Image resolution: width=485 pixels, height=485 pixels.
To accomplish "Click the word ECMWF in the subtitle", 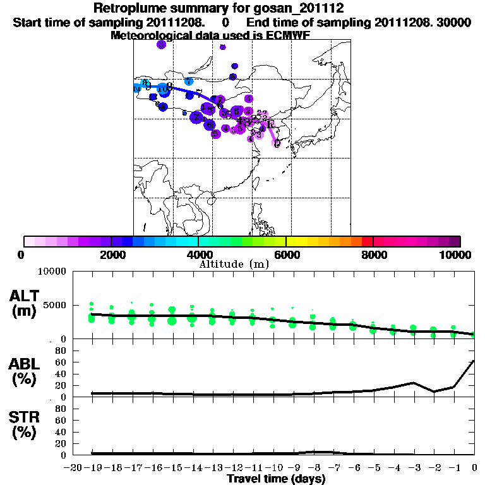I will [x=287, y=35].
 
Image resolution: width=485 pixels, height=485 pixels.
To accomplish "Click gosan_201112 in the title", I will [x=299, y=9].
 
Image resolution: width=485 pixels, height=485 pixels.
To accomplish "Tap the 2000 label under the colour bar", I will [x=111, y=255].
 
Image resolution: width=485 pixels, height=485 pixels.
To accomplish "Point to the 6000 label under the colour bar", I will [x=285, y=255].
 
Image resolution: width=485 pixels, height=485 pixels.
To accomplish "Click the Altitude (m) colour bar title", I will [x=234, y=263].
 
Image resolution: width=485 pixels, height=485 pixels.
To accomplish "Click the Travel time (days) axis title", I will [x=276, y=479].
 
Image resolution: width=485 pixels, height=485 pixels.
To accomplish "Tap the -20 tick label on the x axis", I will [x=74, y=468].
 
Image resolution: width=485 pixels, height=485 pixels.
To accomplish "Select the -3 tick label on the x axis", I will [x=412, y=468].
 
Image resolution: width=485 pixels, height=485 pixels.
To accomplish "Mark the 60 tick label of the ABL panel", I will [x=62, y=362].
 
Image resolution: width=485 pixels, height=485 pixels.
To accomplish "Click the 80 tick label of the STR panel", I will [x=62, y=409].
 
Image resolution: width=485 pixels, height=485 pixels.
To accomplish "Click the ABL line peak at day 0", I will [x=474, y=361].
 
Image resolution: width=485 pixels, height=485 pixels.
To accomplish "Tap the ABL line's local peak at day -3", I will [x=414, y=383].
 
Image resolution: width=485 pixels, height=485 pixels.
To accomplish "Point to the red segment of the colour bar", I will [x=368, y=241].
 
